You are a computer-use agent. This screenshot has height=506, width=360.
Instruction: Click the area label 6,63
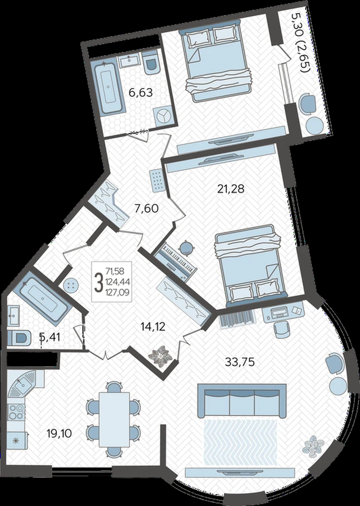tap(140, 93)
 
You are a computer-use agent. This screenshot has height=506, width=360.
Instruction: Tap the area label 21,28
tap(231, 188)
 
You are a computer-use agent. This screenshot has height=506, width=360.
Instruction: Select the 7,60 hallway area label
tap(147, 209)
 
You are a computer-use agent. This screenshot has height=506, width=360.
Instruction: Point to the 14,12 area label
tap(153, 327)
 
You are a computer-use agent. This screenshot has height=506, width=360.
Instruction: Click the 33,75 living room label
tap(239, 362)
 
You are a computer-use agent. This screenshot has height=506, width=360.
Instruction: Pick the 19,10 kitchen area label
tap(59, 433)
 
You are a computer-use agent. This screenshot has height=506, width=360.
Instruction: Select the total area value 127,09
tap(118, 293)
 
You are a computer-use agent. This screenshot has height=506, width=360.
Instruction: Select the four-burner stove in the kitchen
tap(17, 412)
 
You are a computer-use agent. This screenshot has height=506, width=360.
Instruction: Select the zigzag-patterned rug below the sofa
tap(241, 442)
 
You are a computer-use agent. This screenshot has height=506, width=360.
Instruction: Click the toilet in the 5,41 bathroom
tap(19, 338)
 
